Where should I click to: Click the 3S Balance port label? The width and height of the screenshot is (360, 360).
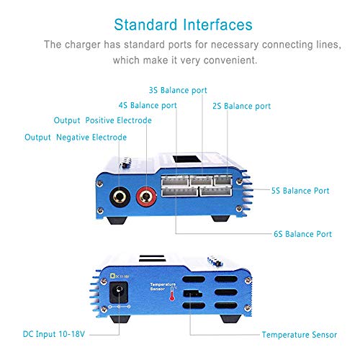(x=177, y=91)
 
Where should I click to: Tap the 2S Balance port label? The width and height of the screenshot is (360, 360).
(x=242, y=106)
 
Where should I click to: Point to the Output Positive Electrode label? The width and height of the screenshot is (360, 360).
(x=103, y=120)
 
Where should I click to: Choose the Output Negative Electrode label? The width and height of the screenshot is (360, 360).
(x=76, y=137)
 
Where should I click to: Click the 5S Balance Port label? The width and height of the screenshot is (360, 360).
(x=300, y=191)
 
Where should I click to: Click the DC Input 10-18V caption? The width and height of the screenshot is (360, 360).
(x=45, y=335)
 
